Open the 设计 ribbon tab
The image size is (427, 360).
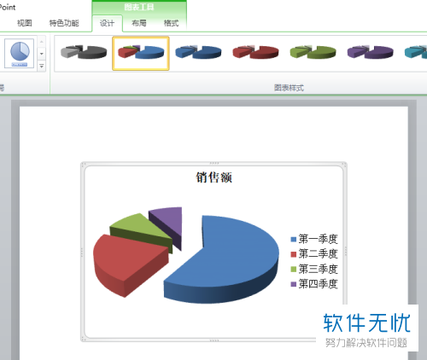coord(107,23)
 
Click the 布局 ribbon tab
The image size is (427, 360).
coord(139,23)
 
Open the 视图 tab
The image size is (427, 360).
coord(26,23)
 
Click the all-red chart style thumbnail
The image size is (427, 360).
coord(255,53)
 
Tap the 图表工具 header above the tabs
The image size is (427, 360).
coord(139,7)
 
